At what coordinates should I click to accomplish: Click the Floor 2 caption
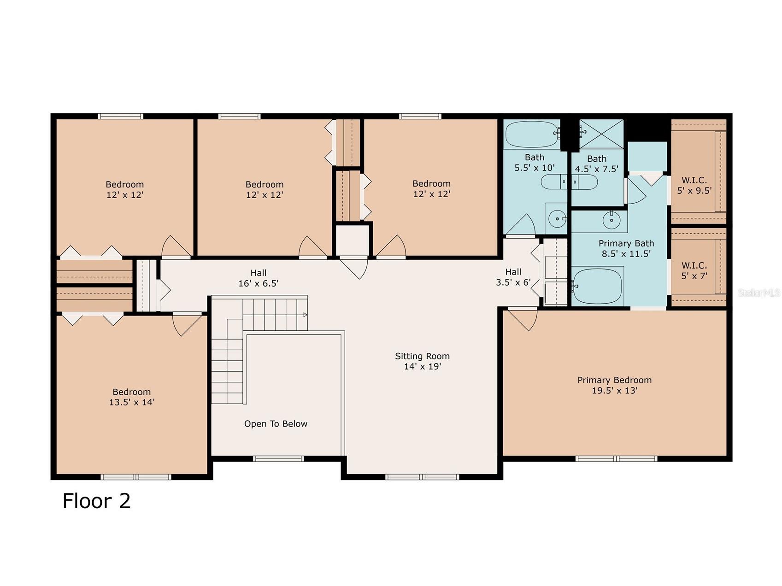(97, 501)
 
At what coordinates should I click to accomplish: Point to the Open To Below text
(276, 424)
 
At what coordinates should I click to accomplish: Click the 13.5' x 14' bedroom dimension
(132, 402)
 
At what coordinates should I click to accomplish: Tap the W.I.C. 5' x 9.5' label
(694, 185)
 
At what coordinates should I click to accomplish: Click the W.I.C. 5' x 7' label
(694, 271)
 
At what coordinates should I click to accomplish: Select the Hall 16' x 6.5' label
(259, 278)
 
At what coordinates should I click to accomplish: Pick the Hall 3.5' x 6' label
(513, 277)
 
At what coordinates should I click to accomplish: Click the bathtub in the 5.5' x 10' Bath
(532, 134)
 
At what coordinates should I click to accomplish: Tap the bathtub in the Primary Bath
(597, 286)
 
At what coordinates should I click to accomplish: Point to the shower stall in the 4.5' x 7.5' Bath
(601, 134)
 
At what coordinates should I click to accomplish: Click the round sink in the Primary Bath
(611, 220)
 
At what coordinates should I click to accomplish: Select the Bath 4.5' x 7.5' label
(597, 164)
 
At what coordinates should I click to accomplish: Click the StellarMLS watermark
(759, 293)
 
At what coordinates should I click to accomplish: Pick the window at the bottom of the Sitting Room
(422, 477)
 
